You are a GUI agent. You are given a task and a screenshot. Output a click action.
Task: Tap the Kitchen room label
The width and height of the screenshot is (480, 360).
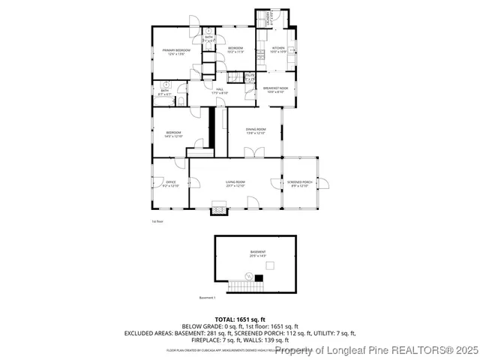278,49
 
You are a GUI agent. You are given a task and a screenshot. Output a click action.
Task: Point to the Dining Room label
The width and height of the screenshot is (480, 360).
256,131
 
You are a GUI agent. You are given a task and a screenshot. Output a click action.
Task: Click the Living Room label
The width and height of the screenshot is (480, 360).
235,184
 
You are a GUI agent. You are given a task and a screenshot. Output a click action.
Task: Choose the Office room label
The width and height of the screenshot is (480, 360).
170,184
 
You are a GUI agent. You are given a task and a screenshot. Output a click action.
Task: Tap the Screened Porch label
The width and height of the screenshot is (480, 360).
299,184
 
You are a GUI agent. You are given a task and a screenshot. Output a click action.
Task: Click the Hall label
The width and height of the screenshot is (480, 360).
220,91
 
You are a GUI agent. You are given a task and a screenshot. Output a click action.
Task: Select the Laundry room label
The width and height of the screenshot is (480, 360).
265,20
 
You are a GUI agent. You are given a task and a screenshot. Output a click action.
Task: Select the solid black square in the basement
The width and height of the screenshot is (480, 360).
259,278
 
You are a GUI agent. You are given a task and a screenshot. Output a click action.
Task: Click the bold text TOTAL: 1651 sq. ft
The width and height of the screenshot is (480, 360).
240,319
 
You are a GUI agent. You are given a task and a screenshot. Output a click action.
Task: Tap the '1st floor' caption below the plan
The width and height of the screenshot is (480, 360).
158,221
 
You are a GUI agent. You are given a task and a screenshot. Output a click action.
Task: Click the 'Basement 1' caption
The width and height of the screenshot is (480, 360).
208,298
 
